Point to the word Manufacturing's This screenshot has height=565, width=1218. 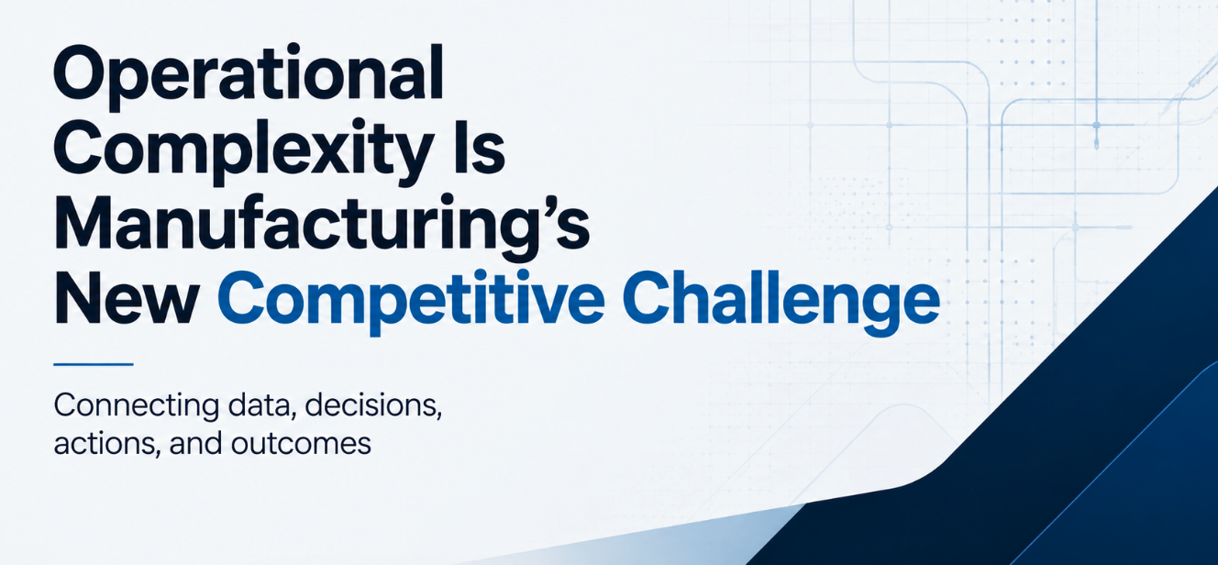pyautogui.click(x=321, y=227)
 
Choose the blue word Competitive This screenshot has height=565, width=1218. pyautogui.click(x=411, y=303)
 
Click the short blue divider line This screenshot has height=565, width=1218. pyautogui.click(x=94, y=364)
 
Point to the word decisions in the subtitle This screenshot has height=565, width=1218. pyautogui.click(x=373, y=405)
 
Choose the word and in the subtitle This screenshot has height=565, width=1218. pyautogui.click(x=195, y=443)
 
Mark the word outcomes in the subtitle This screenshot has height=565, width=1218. pyautogui.click(x=301, y=444)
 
